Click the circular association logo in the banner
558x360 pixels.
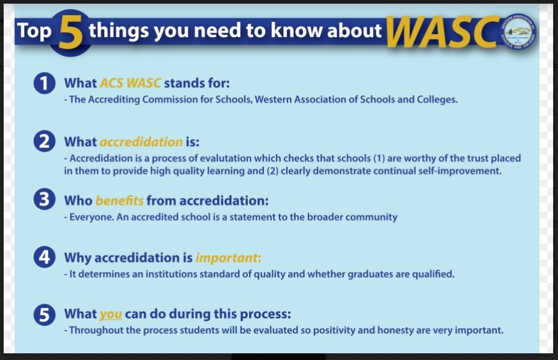click(518, 31)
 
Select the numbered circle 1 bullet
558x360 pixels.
click(44, 84)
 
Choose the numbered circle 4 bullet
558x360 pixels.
click(44, 258)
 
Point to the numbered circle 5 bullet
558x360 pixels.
click(44, 316)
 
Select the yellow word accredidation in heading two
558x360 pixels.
click(141, 142)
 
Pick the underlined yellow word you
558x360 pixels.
click(111, 314)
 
